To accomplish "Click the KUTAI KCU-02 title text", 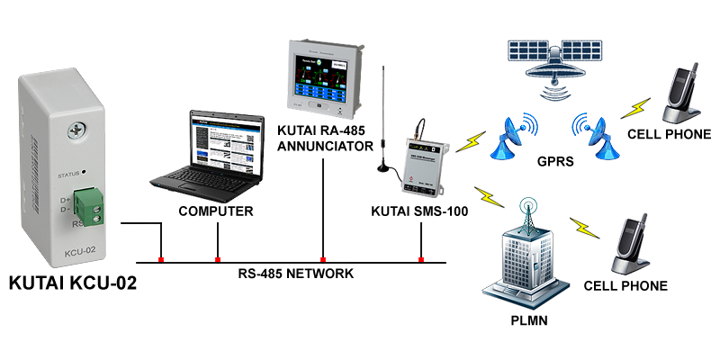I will (73, 284).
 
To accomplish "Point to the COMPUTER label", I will (216, 212).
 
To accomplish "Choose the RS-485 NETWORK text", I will (295, 274).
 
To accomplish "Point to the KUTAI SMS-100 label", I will (419, 212).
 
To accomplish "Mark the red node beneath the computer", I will (217, 260).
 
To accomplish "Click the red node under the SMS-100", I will (420, 260).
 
